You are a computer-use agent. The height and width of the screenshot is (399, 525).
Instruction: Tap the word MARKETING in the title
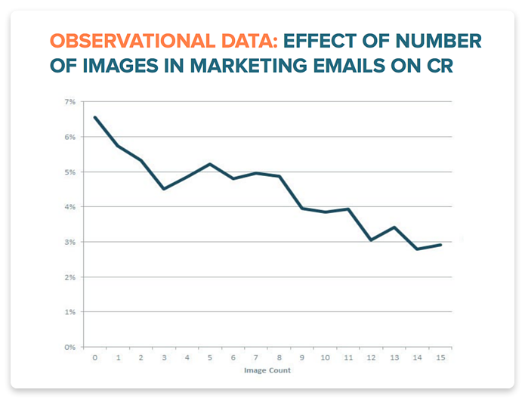tap(248, 65)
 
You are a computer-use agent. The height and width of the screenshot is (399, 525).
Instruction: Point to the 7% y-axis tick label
tap(70, 102)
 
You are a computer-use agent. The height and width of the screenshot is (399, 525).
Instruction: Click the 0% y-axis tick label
tap(70, 348)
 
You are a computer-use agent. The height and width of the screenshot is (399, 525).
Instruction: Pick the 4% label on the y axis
tap(70, 207)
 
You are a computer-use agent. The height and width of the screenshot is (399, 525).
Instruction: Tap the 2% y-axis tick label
tap(70, 277)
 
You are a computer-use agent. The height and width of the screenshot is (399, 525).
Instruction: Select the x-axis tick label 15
tap(440, 357)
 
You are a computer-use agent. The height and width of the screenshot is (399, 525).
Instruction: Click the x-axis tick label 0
tap(95, 357)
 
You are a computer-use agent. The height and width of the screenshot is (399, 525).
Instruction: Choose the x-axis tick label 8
tap(279, 357)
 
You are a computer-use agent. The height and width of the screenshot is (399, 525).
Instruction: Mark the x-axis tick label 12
tap(371, 357)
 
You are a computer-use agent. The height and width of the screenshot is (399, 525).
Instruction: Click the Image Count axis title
tap(267, 370)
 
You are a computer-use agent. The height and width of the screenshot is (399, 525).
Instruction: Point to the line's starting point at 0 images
tap(95, 117)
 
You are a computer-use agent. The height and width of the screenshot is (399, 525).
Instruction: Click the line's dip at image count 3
tap(164, 189)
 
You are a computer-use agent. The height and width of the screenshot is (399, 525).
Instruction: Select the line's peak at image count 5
tap(210, 164)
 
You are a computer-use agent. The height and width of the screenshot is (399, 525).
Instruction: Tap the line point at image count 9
tap(302, 209)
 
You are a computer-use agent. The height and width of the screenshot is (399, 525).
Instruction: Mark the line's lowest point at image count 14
tap(417, 249)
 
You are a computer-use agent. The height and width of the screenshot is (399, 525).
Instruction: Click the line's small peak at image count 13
tap(394, 227)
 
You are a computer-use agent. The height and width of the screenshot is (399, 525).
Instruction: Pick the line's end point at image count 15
tap(440, 245)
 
